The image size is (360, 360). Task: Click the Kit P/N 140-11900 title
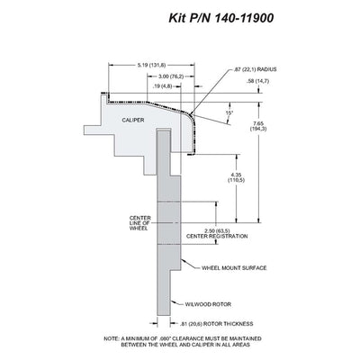coord(221,18)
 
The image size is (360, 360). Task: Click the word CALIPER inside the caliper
coord(133,120)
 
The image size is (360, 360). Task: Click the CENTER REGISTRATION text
coord(217,236)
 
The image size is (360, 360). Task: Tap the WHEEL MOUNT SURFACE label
coord(234,267)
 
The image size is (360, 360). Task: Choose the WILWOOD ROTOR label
coord(208,304)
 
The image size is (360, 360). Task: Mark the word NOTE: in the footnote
coord(112,338)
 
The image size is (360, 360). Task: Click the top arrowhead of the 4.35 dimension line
coord(237,157)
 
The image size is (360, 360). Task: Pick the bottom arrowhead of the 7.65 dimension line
coord(259,220)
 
